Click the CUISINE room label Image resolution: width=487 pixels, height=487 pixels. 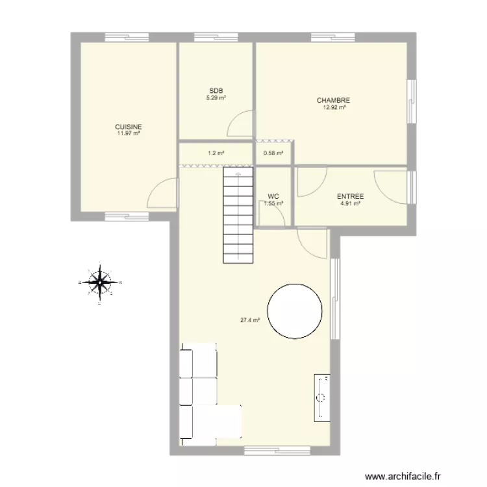pos(129,127)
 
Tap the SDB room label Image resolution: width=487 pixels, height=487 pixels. pos(216,91)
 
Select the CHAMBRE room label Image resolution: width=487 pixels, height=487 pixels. pos(334,101)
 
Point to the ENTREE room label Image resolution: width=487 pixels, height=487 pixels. pos(350,197)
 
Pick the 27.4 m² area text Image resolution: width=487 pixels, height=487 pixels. pos(250,319)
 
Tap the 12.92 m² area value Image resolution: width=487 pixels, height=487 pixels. pos(334,108)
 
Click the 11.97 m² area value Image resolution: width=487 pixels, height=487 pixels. pos(129,134)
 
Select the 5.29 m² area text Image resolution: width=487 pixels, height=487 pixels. pos(216,98)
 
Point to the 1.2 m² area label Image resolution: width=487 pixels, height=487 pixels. pos(216,154)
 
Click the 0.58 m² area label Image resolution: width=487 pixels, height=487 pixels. pos(273,154)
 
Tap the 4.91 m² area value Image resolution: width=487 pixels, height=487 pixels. pos(350,204)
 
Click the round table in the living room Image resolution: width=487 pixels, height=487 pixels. pos(295,311)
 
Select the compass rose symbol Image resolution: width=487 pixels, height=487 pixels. pos(99,283)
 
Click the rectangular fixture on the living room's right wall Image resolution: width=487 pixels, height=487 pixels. pos(323,396)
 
